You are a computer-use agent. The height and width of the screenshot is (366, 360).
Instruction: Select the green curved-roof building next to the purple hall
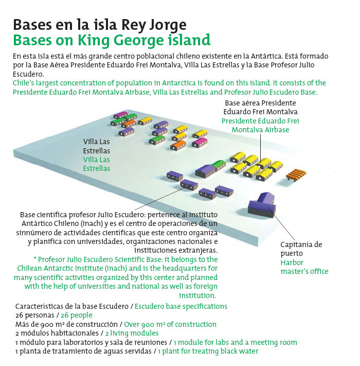click(218, 165)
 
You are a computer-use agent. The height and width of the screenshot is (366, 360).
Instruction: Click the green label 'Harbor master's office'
click(304, 267)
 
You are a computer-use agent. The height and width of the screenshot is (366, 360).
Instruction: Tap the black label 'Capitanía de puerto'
click(301, 249)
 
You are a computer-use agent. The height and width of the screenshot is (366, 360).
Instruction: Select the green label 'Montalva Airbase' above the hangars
click(260, 130)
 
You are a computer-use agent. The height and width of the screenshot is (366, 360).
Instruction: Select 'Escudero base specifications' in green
click(181, 306)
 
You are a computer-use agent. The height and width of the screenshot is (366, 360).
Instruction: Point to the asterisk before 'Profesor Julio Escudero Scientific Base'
click(35, 260)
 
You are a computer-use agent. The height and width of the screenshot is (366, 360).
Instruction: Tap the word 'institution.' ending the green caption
click(197, 295)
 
